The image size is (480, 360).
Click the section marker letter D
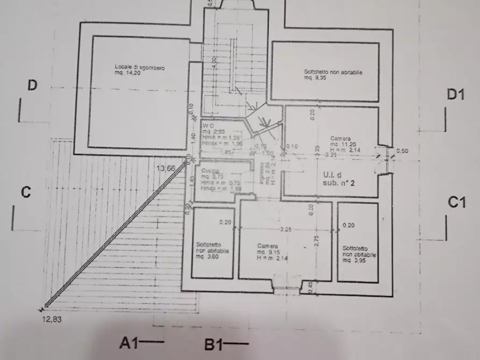point(32,86)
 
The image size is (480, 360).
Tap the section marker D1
point(456,95)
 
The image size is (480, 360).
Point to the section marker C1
point(457,203)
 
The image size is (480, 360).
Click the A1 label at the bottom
point(131,342)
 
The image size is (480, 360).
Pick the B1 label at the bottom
point(216,344)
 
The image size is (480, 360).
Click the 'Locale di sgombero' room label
point(139,67)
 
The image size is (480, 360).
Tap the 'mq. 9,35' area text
point(316,77)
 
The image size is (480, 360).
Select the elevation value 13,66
point(166,168)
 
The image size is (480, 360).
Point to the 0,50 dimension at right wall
point(402,151)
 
